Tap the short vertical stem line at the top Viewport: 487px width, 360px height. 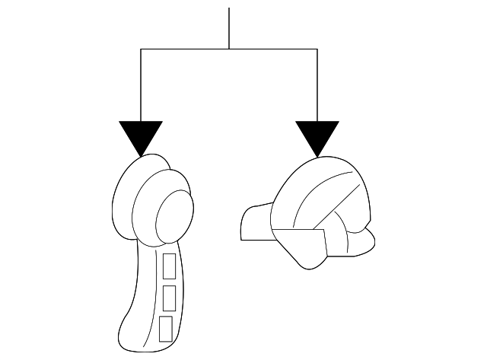(x=229, y=27)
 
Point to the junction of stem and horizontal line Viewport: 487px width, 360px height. (x=229, y=49)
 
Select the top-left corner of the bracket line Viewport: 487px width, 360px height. (x=141, y=49)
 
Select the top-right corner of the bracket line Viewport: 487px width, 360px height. (x=317, y=49)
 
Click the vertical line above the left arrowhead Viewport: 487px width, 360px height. (x=141, y=84)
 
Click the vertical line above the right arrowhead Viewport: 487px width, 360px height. (x=317, y=84)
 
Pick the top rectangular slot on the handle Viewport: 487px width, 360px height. (x=170, y=266)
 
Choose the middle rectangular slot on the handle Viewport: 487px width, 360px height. (x=169, y=297)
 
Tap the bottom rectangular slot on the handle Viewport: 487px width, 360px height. (x=166, y=328)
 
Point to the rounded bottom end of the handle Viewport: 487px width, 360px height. (x=141, y=342)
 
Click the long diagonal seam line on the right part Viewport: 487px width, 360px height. (x=336, y=205)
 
